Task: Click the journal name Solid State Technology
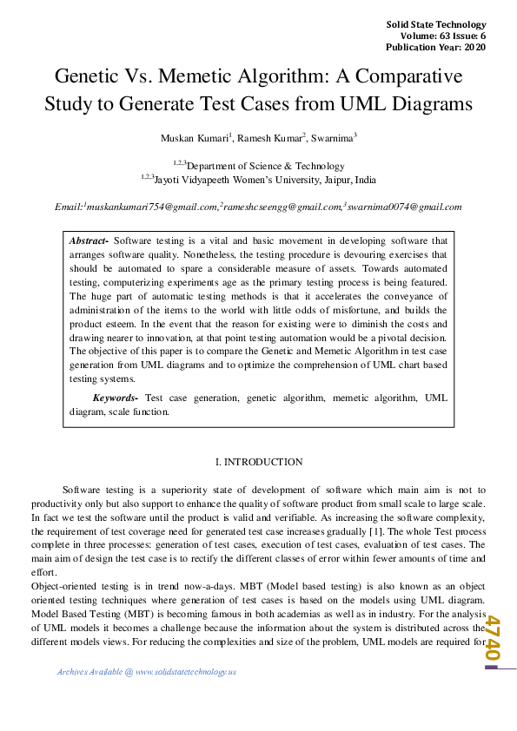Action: (436, 23)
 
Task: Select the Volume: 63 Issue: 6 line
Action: (443, 36)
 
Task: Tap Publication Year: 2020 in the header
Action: (437, 47)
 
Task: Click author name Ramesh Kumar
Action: (268, 138)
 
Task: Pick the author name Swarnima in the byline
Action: (332, 138)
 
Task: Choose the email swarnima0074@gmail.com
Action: (405, 207)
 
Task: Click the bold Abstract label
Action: (89, 240)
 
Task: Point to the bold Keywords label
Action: (117, 398)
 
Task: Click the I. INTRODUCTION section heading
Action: (258, 462)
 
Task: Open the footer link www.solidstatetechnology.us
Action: (186, 672)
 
